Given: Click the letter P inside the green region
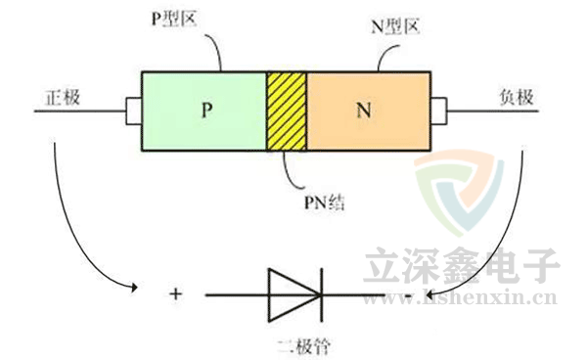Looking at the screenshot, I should tap(206, 110).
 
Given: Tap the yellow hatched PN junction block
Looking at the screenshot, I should tap(287, 110).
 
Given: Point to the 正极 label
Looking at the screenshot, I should tap(62, 99).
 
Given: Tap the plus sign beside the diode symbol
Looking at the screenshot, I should tap(176, 292).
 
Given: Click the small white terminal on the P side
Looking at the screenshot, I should tap(134, 110).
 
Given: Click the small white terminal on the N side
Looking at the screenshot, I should tap(437, 110).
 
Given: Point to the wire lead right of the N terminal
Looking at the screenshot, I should tap(489, 110).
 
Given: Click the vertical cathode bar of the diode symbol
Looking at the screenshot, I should tap(320, 292).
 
